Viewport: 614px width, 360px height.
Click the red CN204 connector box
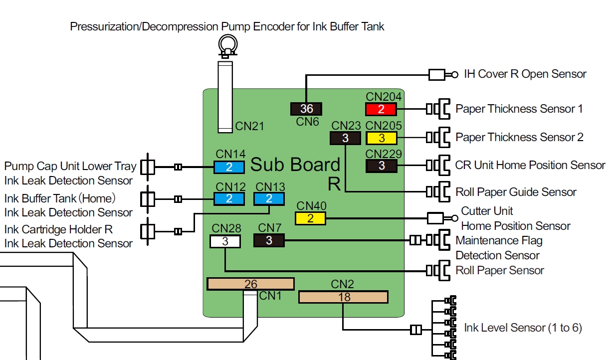tap(382, 109)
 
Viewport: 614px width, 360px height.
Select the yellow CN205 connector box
tap(382, 138)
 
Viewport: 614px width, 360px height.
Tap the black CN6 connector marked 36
tap(306, 109)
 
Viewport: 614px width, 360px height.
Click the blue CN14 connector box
tap(229, 167)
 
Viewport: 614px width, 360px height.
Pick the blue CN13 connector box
tap(269, 198)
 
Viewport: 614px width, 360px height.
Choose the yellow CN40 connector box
tap(310, 218)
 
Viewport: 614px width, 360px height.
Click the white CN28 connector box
tap(225, 241)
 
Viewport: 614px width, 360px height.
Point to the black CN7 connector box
tap(269, 241)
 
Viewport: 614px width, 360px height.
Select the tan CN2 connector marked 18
tap(344, 297)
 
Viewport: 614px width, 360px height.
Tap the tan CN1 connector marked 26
tap(250, 284)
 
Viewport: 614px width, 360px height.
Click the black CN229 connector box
tap(382, 166)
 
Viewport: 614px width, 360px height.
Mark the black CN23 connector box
tap(345, 138)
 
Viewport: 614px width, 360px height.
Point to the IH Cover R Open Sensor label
tap(525, 74)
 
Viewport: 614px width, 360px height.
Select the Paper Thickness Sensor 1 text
tap(519, 109)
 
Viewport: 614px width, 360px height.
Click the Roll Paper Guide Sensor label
tap(516, 192)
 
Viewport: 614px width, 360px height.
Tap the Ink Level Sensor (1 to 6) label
tap(523, 328)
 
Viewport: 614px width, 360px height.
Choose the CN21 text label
tap(250, 126)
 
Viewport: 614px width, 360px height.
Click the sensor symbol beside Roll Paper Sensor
tap(438, 270)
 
